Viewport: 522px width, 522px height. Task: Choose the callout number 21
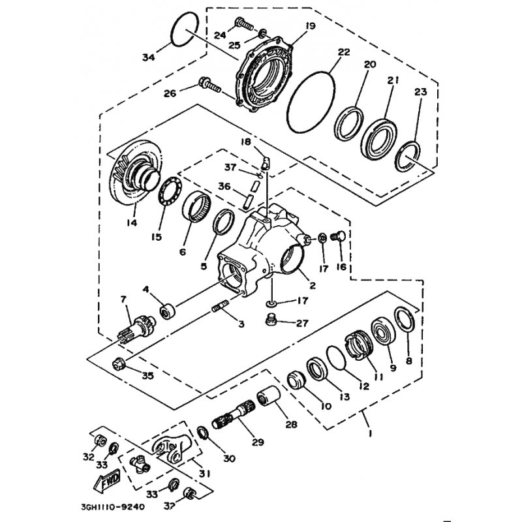coord(392,81)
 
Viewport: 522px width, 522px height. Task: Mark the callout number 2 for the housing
coord(313,285)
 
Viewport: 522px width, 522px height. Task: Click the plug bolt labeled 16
coord(339,237)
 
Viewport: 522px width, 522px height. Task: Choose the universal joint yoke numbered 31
coord(172,448)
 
